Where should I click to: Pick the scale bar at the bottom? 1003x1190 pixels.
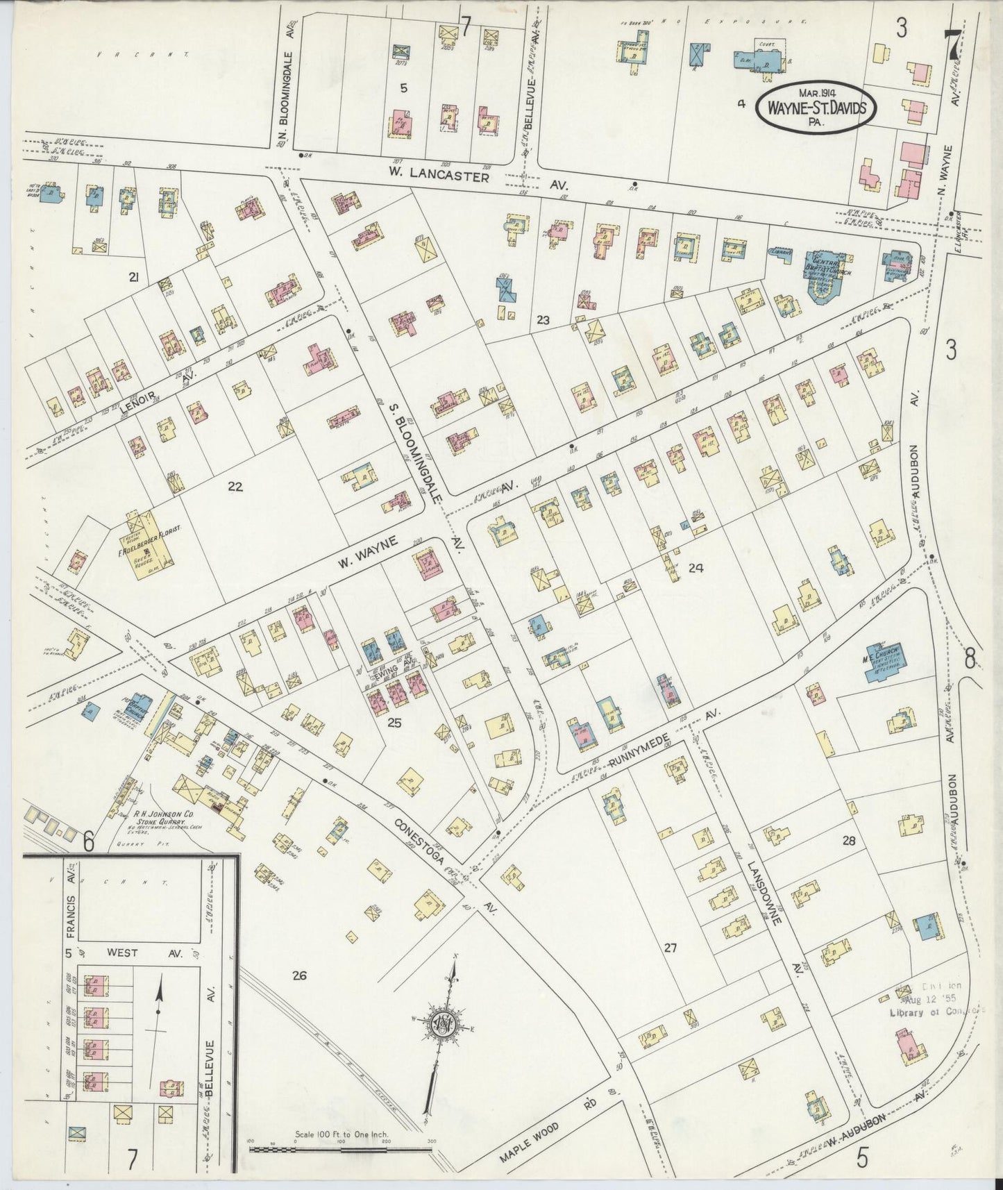pos(340,1150)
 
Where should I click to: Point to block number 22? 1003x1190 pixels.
pos(235,487)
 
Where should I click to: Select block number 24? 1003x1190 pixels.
pos(696,568)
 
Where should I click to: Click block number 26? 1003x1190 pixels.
pos(299,976)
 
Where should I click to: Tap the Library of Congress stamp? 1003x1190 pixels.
pos(937,1000)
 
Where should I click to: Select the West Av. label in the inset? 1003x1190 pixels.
pos(139,955)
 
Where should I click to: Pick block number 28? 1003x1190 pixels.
pos(848,841)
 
